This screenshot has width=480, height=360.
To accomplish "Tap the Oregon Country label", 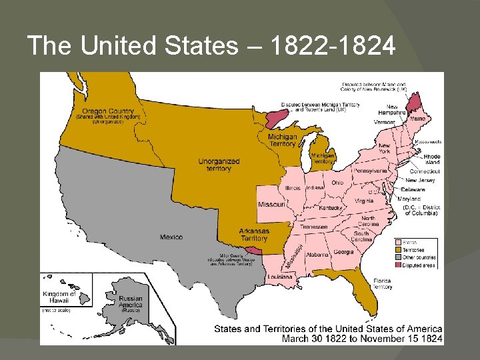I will [107, 111].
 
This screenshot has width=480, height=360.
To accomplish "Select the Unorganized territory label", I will [219, 165].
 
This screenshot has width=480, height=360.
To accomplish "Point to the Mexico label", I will [171, 237].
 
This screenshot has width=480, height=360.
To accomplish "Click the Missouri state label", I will [272, 204].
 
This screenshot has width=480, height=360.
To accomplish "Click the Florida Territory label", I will [382, 283].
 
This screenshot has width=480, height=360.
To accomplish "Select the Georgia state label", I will [344, 252].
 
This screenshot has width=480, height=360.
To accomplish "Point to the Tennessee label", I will [313, 227].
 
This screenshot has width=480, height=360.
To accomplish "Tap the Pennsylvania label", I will [370, 171].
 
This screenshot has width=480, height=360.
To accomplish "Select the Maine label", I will [417, 119].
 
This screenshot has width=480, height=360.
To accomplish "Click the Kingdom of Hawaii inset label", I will [59, 297].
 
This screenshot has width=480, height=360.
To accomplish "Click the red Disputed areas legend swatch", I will [398, 265].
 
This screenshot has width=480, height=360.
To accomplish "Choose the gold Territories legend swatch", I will [398, 250].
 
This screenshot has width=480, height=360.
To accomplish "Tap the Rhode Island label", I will [431, 159].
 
